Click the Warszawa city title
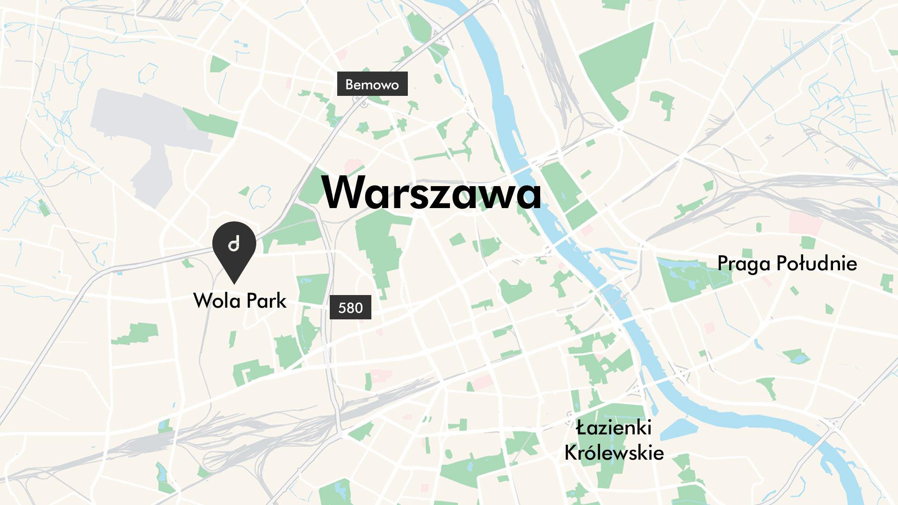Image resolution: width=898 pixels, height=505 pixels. coord(431,192)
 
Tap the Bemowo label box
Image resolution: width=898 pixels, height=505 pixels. coord(372,84)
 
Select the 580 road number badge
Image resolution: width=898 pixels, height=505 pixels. coord(350,307)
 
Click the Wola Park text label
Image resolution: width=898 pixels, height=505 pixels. coord(239,301)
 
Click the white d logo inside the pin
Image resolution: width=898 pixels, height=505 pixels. coord(234,244)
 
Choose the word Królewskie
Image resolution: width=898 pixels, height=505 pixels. coord(614,453)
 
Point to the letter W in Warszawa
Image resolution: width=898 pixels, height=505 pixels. coord(344,192)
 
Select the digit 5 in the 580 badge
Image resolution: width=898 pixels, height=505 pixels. coord(341,308)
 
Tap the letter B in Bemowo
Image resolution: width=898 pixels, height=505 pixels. coord(349,85)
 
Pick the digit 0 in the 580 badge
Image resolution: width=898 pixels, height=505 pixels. coord(359,308)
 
